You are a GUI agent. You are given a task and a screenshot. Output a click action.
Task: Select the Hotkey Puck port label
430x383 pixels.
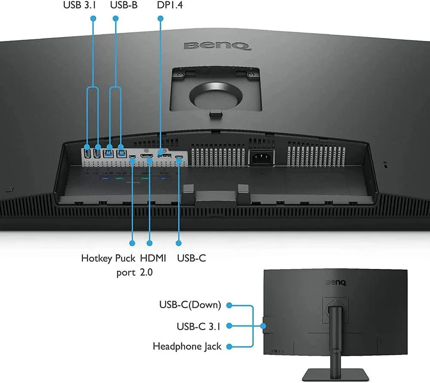tap(109, 265)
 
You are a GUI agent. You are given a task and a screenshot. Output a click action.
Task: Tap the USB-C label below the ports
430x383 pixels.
tap(191, 258)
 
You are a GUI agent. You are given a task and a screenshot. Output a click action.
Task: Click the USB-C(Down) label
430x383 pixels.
tap(190, 305)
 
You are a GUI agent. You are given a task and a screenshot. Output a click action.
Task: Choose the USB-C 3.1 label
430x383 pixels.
tap(199, 326)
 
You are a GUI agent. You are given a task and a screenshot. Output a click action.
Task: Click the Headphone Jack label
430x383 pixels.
tap(187, 346)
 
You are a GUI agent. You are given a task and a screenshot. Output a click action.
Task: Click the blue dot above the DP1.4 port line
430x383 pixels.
tap(160, 19)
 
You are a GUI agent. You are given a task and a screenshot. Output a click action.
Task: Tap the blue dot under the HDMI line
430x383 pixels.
tap(150, 243)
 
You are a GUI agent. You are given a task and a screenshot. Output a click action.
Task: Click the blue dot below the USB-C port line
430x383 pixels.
tap(179, 243)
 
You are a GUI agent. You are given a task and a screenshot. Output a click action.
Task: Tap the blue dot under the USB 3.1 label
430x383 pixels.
tap(93, 19)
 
